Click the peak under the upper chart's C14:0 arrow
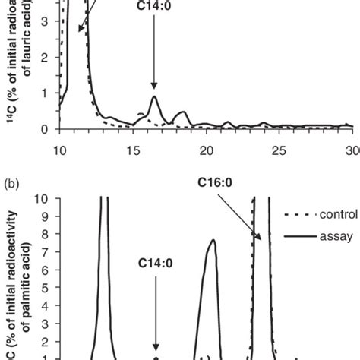154,97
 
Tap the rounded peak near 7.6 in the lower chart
213,284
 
